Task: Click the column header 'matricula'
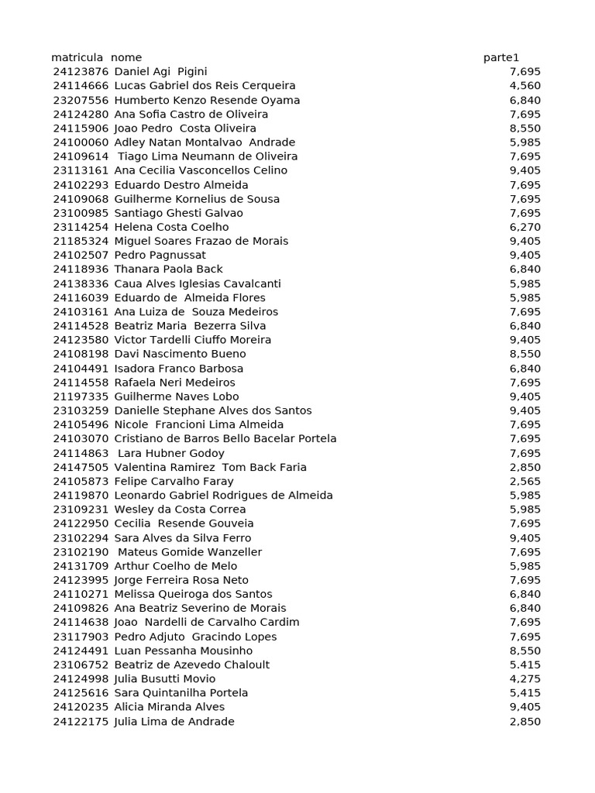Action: pyautogui.click(x=77, y=57)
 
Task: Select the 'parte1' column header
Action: pyautogui.click(x=501, y=57)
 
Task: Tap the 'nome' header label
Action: pyautogui.click(x=126, y=57)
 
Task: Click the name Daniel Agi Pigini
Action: pyautogui.click(x=160, y=71)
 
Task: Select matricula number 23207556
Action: pyautogui.click(x=81, y=100)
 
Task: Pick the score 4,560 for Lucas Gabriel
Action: pyautogui.click(x=525, y=86)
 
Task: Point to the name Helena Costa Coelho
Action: pyautogui.click(x=171, y=227)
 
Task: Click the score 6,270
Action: pyautogui.click(x=525, y=227)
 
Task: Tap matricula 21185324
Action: pyautogui.click(x=81, y=241)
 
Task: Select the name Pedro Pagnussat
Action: pyautogui.click(x=160, y=255)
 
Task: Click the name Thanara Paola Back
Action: pyautogui.click(x=169, y=269)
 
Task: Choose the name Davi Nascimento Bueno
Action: pyautogui.click(x=180, y=354)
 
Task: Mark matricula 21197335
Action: pyautogui.click(x=81, y=396)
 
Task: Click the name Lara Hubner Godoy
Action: pyautogui.click(x=171, y=453)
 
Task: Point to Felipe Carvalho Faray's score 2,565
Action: pyautogui.click(x=525, y=481)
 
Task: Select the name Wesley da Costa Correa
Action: pyautogui.click(x=180, y=510)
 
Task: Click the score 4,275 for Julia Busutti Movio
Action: pyautogui.click(x=525, y=679)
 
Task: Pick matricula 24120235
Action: pyautogui.click(x=81, y=707)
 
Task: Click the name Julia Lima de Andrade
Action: pyautogui.click(x=174, y=722)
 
